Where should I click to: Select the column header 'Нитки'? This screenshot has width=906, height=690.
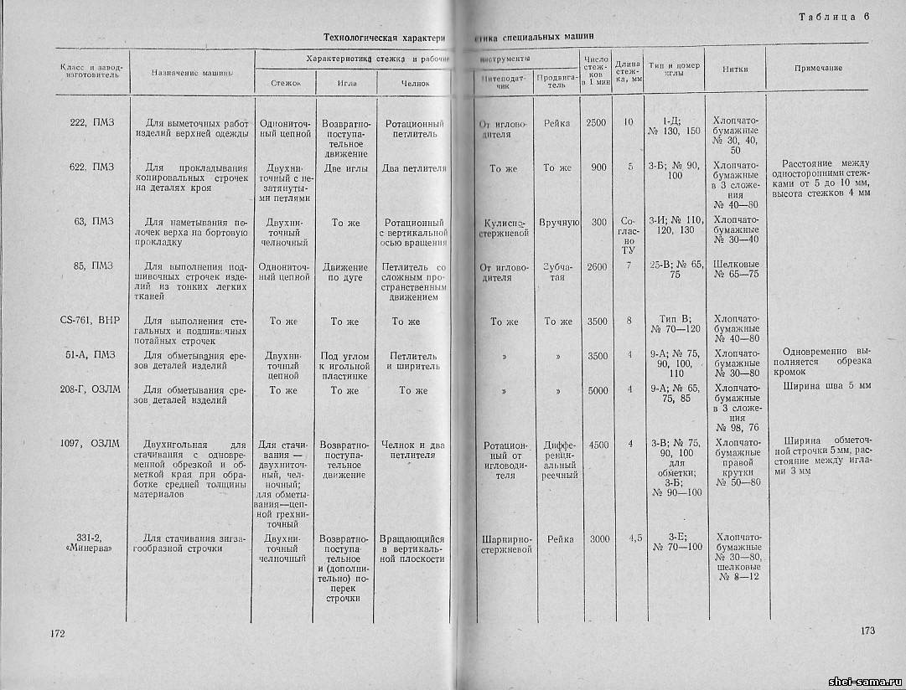pyautogui.click(x=735, y=69)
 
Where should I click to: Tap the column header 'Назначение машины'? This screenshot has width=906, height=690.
pyautogui.click(x=192, y=73)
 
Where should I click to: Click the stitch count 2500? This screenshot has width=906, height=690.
pyautogui.click(x=596, y=123)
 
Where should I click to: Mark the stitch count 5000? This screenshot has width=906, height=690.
pyautogui.click(x=598, y=389)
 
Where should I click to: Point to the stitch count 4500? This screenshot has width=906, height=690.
pyautogui.click(x=598, y=445)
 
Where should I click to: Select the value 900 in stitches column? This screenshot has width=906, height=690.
pyautogui.click(x=598, y=167)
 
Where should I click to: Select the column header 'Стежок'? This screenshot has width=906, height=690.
pyautogui.click(x=286, y=84)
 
